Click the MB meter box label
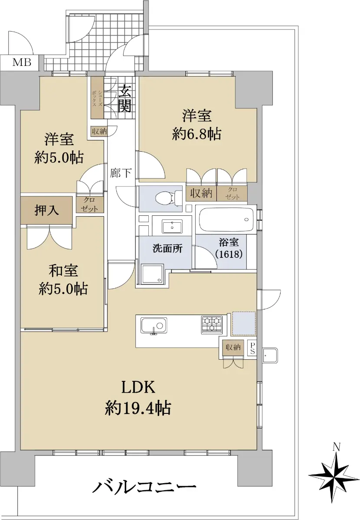pos(22,62)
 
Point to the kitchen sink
pos(154,326)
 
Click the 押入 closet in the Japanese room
pos(46,210)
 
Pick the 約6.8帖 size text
pos(196,134)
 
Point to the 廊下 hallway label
pos(121,173)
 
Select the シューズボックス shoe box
pos(97,97)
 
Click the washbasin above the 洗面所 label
pos(172,226)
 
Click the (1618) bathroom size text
pos(229,254)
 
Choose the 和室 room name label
pos(63,271)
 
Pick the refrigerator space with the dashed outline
pos(244,324)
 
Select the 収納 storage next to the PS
pos(233,347)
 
